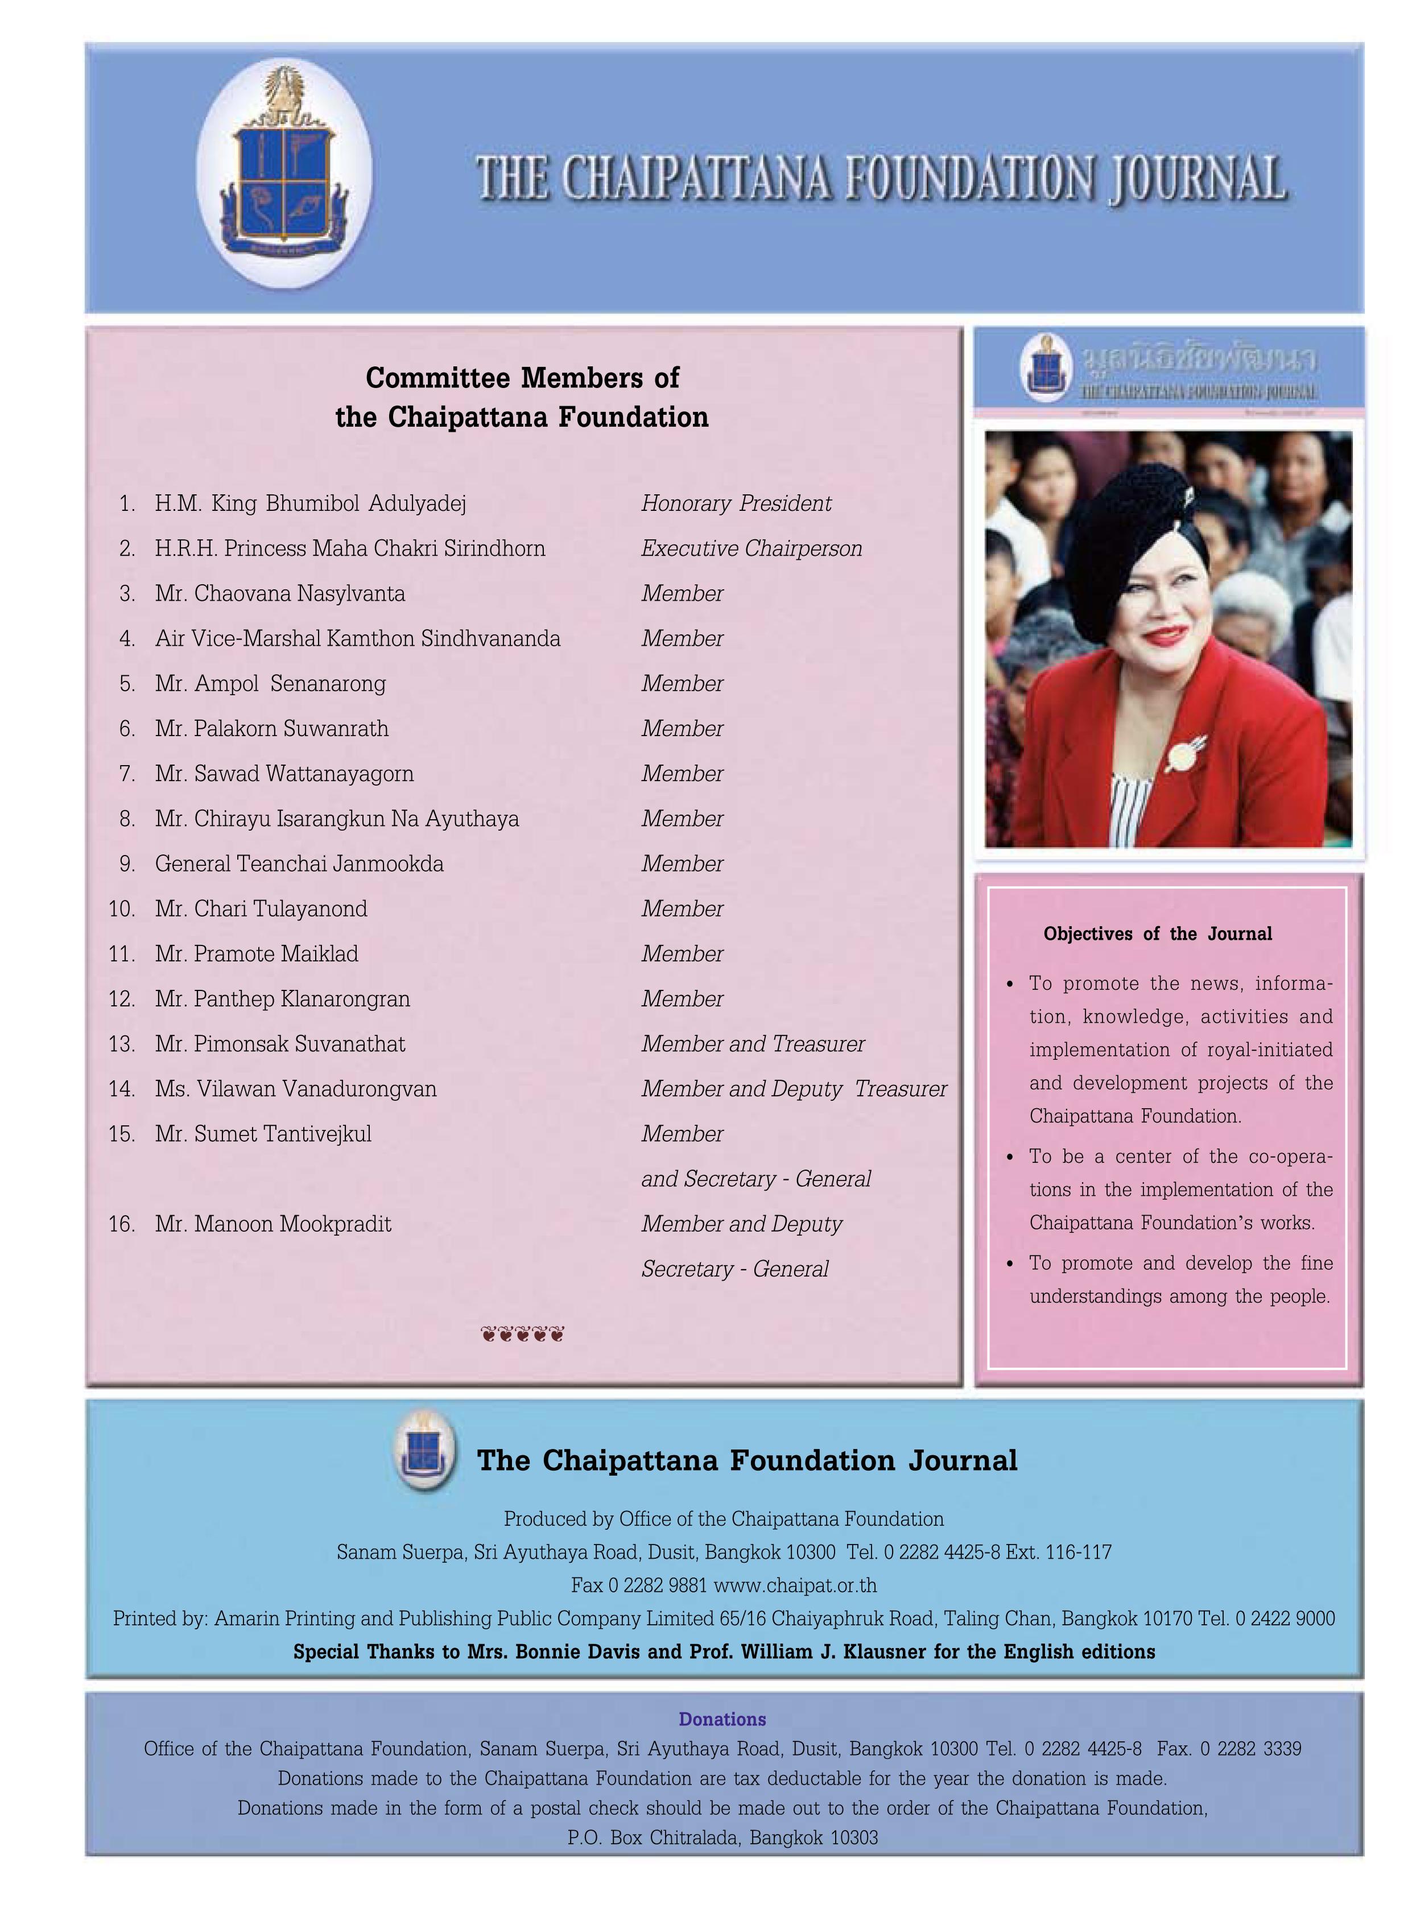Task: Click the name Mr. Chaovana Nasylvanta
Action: point(279,593)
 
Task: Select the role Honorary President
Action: point(736,503)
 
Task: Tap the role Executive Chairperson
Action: point(752,549)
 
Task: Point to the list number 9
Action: point(127,864)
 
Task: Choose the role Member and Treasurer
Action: point(753,1044)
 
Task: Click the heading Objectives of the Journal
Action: point(1158,934)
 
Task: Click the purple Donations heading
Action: point(722,1720)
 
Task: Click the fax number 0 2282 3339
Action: point(1250,1749)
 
